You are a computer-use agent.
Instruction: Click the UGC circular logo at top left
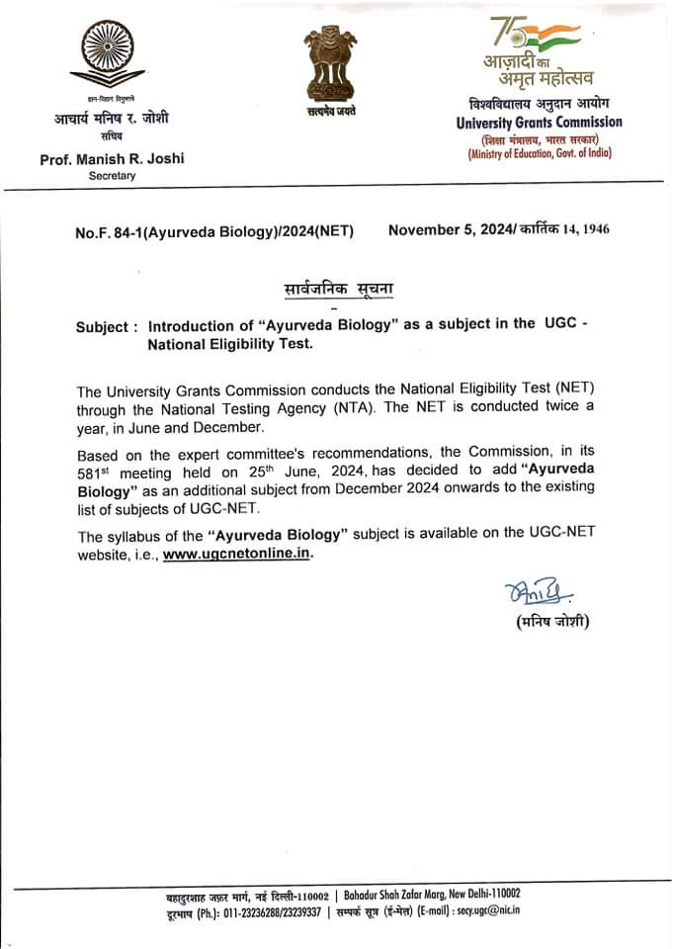[111, 56]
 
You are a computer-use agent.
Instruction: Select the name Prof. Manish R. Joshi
[112, 158]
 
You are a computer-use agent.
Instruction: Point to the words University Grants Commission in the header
[540, 123]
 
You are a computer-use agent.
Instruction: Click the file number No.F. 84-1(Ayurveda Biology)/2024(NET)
[214, 231]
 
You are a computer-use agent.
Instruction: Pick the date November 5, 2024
[449, 230]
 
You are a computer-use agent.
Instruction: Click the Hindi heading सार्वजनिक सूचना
[331, 291]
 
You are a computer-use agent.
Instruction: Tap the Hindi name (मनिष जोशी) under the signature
[552, 624]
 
